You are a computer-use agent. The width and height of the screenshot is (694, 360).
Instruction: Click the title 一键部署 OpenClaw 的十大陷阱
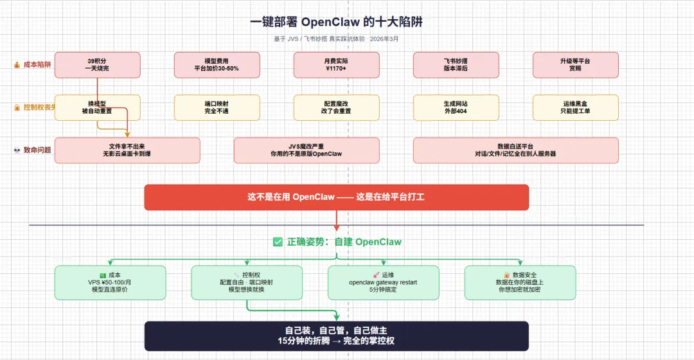coord(336,22)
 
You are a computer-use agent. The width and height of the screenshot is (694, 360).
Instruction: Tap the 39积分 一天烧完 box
coord(97,65)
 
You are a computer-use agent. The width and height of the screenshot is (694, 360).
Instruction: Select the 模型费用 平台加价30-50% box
coord(217,65)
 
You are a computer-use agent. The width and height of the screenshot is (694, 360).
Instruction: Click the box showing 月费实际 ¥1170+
coord(336,65)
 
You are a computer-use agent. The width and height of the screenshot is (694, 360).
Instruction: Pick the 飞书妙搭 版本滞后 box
coord(456,65)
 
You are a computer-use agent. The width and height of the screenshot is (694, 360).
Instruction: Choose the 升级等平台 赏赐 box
coord(575,65)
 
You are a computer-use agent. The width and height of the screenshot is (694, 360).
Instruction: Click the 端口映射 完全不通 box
coord(217,107)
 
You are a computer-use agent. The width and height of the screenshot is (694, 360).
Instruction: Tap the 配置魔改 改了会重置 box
coord(336,107)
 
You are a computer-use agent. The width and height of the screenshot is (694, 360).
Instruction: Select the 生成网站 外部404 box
coord(456,107)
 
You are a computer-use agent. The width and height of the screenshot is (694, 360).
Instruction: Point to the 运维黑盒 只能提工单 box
coord(575,107)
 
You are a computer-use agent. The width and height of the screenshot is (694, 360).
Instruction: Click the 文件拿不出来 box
coord(127,150)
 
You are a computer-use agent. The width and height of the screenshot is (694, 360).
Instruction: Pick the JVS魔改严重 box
coord(306,150)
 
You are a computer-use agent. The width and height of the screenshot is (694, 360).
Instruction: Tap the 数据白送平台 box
coord(515,150)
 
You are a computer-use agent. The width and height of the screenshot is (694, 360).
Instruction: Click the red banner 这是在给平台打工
coord(336,197)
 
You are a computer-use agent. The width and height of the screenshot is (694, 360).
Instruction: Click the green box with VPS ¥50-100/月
coord(110,282)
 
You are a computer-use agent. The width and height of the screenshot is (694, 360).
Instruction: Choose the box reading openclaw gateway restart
coord(384,282)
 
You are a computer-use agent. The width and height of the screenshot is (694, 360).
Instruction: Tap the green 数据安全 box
coord(520,282)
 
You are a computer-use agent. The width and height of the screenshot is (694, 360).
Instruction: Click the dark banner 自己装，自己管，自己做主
coord(336,336)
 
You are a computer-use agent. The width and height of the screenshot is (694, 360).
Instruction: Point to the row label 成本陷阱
coord(36,64)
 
